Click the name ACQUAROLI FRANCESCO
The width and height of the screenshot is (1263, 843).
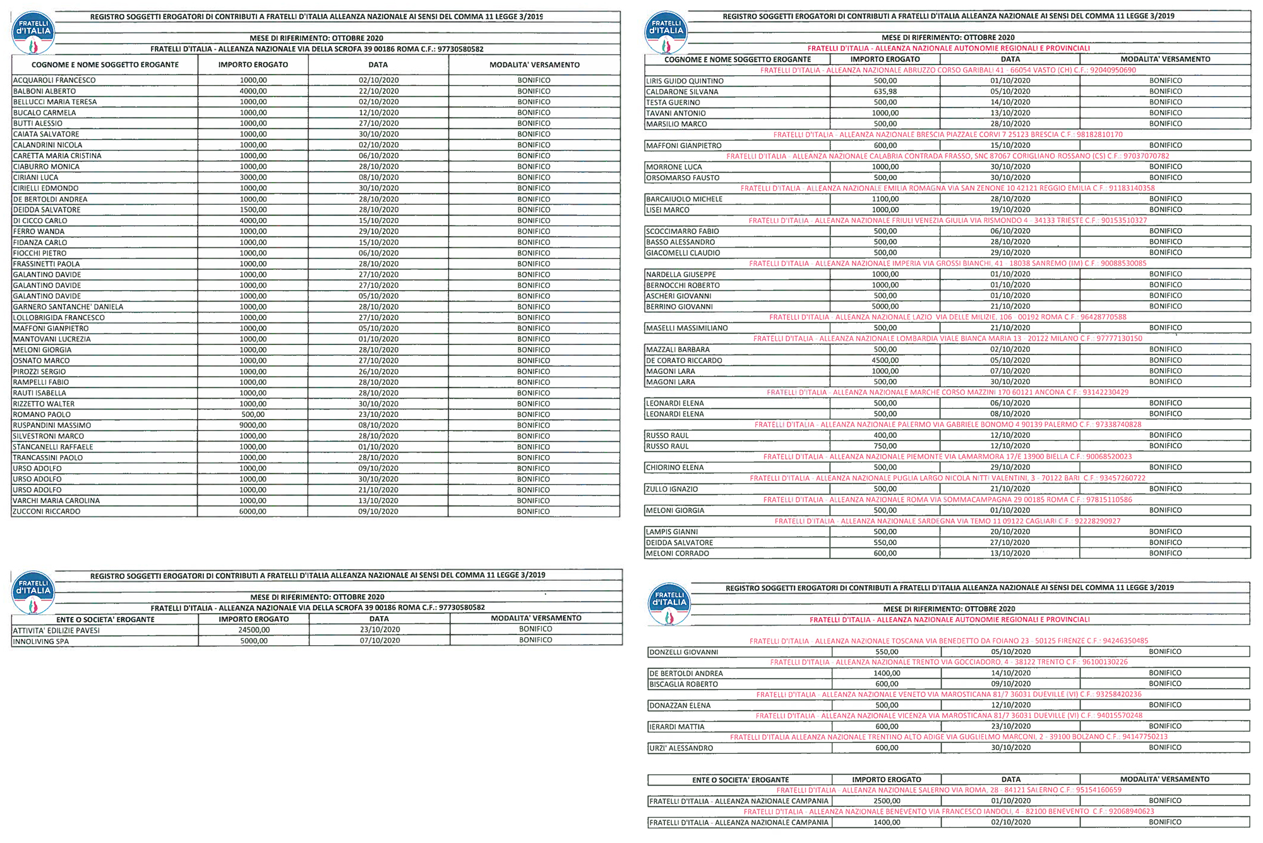coord(54,80)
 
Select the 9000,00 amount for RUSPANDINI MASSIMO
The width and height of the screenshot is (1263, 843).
coord(253,425)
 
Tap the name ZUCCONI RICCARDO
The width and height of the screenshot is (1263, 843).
coord(47,511)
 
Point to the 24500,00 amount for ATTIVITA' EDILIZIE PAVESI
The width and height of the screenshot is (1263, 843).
coord(254,630)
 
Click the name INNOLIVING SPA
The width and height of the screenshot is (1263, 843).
coord(41,641)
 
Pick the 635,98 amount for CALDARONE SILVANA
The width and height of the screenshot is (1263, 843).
coord(885,92)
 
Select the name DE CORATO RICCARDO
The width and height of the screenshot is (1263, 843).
coord(684,360)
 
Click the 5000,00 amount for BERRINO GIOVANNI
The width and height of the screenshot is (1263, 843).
coord(885,306)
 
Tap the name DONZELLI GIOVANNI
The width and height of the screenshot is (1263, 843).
coord(684,652)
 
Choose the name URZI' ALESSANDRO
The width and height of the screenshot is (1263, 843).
coord(681,748)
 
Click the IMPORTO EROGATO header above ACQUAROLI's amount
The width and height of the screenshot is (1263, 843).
coord(253,65)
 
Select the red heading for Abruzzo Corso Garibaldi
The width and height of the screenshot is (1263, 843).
coord(948,70)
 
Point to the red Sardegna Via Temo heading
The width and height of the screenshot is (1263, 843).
coord(947,521)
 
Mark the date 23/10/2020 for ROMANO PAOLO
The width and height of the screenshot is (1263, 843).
coord(378,415)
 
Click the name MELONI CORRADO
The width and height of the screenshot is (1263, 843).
coord(678,554)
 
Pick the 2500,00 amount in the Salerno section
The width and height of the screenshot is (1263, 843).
coord(887,801)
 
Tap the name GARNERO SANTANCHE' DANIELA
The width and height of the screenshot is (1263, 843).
coord(68,307)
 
